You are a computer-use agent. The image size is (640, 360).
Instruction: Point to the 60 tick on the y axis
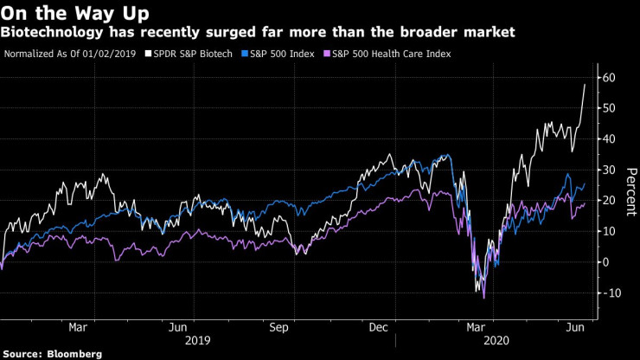pos(609,78)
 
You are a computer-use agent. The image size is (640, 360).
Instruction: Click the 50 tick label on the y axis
pos(609,108)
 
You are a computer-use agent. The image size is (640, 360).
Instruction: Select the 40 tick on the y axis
pos(609,139)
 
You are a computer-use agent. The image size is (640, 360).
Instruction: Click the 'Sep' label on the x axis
pos(278,328)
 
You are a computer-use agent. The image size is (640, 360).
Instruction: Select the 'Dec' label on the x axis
pos(378,328)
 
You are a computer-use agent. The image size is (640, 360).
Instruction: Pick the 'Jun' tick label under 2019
pos(179,328)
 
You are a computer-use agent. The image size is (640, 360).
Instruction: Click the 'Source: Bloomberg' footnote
pos(52,353)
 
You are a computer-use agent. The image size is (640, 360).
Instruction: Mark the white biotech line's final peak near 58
pos(585,84)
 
